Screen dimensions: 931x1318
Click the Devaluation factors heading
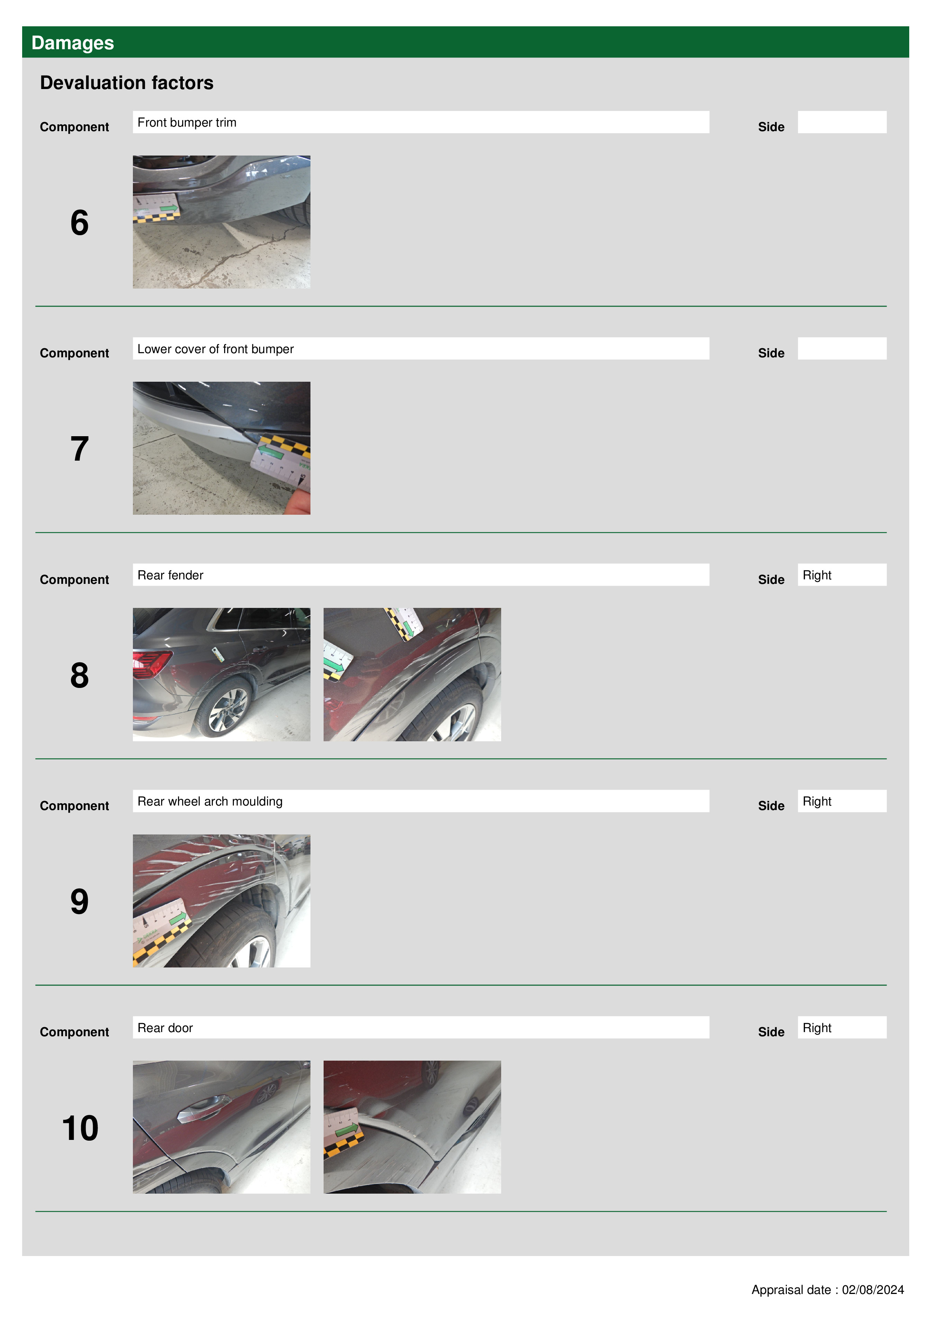pos(127,83)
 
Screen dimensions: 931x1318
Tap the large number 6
pos(80,223)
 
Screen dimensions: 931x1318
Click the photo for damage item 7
pos(221,448)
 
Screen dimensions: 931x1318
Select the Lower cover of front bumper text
pos(216,349)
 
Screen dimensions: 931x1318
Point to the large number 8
pos(80,675)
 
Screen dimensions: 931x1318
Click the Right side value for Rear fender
pos(817,575)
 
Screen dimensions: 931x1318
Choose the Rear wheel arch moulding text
pos(210,801)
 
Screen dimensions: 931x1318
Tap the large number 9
pos(80,901)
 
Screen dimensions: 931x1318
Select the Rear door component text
pos(165,1028)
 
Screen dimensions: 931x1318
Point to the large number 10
pos(80,1128)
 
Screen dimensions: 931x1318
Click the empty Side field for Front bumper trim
pos(842,122)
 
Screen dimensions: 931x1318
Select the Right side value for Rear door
pos(817,1028)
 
